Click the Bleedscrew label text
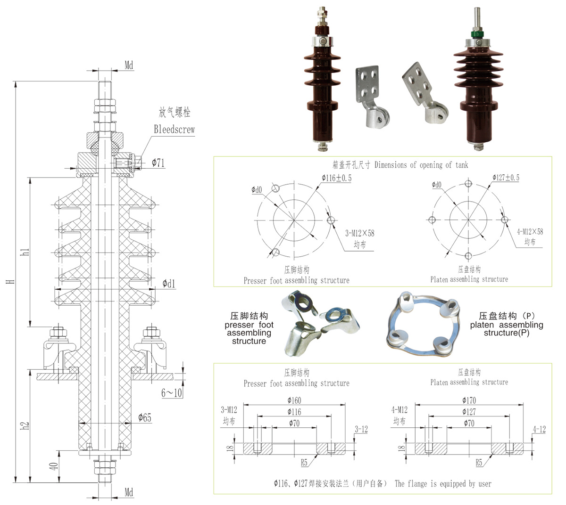click(x=174, y=130)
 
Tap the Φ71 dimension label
click(x=158, y=163)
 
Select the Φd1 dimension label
click(x=168, y=283)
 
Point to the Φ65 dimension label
click(x=145, y=417)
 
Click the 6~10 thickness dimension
click(x=172, y=392)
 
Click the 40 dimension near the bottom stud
click(x=54, y=466)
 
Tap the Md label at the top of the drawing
click(x=129, y=65)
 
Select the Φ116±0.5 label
click(x=336, y=178)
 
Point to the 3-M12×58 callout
click(x=360, y=233)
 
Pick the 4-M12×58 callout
click(x=530, y=231)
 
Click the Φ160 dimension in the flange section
click(x=294, y=400)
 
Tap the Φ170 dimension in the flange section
click(x=469, y=400)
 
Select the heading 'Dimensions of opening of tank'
click(x=421, y=164)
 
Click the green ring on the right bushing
click(x=477, y=34)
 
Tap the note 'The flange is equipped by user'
click(x=443, y=483)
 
